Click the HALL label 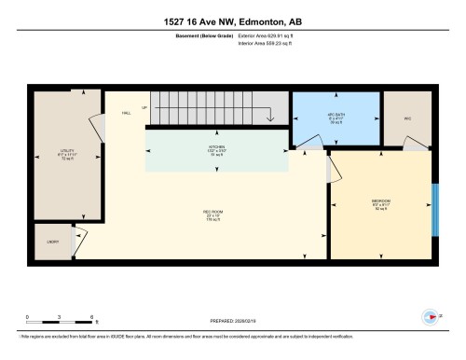coord(126,113)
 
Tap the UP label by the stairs coord(144,109)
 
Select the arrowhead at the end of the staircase coord(268,118)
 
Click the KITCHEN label coord(217,147)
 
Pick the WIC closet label coord(407,118)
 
